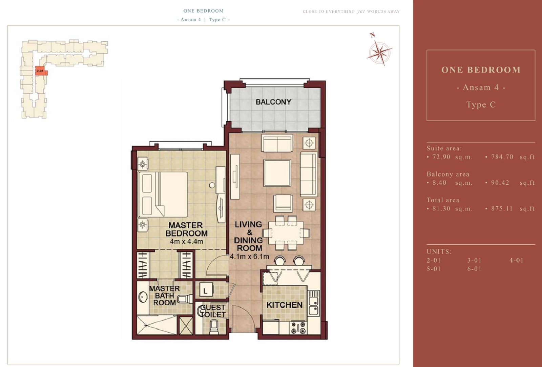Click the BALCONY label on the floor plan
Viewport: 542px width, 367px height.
(273, 102)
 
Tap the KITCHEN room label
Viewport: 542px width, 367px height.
(284, 305)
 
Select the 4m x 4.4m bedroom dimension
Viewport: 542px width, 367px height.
(186, 241)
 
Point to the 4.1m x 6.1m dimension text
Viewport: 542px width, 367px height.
(249, 257)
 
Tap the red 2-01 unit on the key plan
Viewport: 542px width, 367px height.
(41, 71)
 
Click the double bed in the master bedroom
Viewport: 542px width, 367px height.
(163, 195)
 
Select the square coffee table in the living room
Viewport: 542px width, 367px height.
(277, 173)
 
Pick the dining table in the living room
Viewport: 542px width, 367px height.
(286, 233)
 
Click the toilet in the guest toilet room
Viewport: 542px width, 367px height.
(214, 327)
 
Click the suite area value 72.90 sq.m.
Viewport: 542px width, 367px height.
(450, 157)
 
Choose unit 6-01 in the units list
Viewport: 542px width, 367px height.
(474, 269)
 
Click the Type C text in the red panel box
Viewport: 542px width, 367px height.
(481, 105)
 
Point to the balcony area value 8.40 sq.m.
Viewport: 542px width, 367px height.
(450, 183)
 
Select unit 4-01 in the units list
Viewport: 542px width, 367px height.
(516, 260)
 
